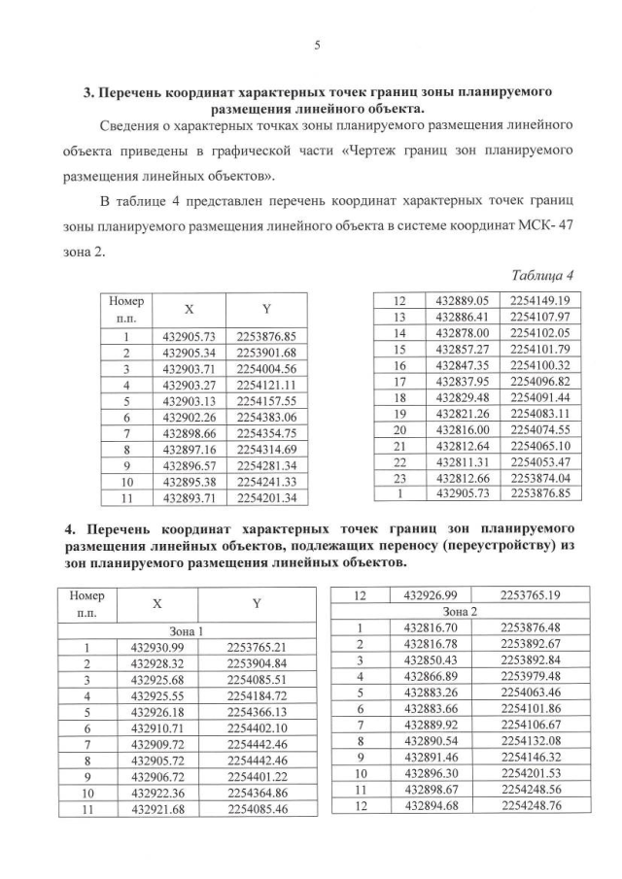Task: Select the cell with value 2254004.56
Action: point(265,369)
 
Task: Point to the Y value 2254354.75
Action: point(265,432)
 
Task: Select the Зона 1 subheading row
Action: point(185,629)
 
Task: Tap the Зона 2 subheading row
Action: point(461,611)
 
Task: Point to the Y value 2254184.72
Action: point(257,695)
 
